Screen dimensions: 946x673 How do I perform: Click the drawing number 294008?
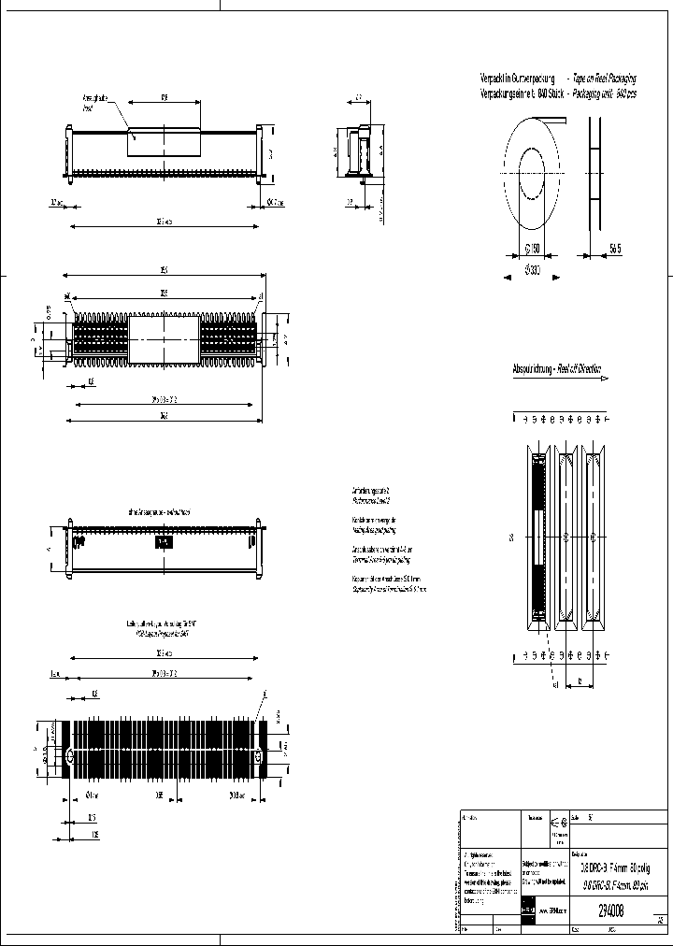pos(610,908)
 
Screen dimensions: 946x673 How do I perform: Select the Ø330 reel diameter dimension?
pos(530,271)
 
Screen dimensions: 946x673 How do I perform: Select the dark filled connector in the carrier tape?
pos(537,537)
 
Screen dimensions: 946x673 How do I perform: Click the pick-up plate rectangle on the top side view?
pos(165,139)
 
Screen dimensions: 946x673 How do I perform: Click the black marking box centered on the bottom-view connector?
pos(165,542)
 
